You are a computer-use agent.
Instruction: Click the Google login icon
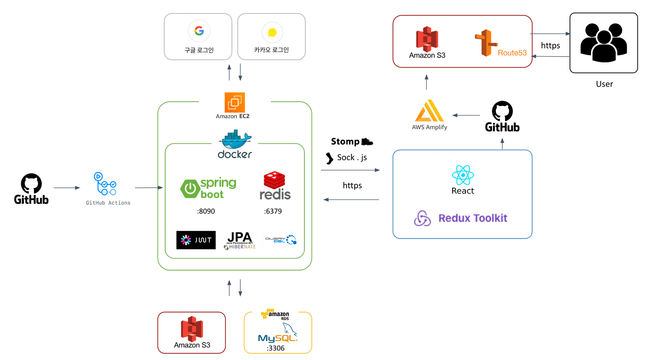tap(199, 31)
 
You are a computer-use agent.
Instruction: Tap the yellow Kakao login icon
tap(272, 33)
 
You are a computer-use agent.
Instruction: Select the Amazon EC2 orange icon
tap(234, 102)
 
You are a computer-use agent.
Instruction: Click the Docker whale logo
tap(235, 141)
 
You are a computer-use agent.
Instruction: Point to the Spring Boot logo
tap(208, 188)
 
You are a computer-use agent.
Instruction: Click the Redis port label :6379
tap(273, 211)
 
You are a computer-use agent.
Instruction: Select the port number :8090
tap(206, 211)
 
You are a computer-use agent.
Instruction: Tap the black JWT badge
tap(196, 240)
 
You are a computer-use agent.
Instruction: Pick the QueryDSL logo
tap(281, 239)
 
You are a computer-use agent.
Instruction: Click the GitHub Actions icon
tap(105, 184)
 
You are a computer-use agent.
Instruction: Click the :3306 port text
tap(275, 348)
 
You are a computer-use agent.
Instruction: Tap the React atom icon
tap(463, 175)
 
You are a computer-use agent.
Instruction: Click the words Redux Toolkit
tap(473, 218)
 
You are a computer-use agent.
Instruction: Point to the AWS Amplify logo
tap(429, 111)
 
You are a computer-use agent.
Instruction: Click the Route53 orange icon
tap(486, 43)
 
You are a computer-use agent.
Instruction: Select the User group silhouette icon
tap(604, 42)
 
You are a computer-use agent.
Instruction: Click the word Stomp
tap(345, 141)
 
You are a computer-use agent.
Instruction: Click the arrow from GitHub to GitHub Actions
tap(67, 188)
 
